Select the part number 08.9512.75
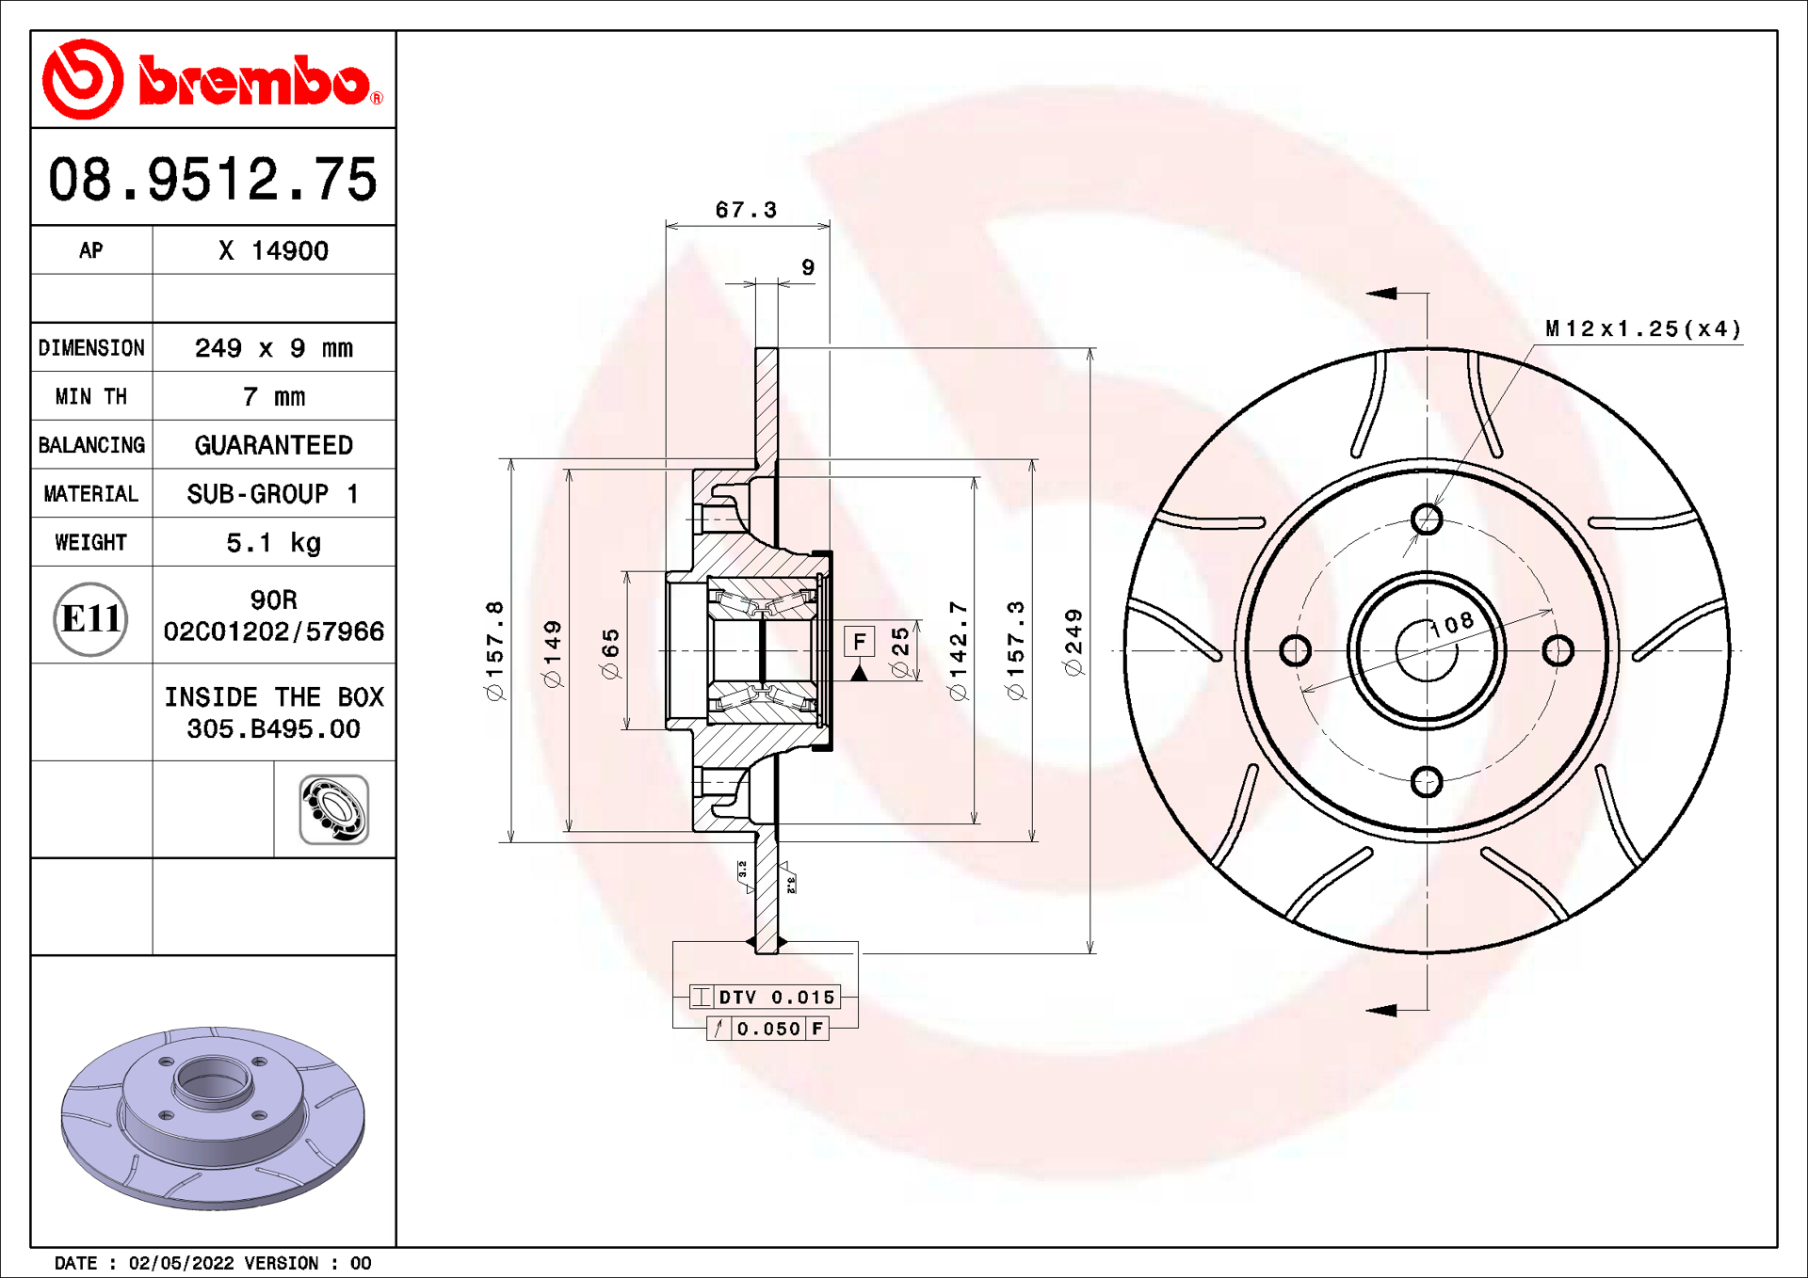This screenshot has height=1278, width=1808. pos(213,179)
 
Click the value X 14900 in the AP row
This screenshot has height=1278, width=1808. pos(273,251)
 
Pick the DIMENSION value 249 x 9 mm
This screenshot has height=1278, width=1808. pos(273,348)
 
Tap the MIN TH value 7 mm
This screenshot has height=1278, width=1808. pos(273,397)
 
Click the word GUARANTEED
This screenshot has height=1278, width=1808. pos(273,445)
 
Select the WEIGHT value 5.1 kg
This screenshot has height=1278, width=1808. pos(273,543)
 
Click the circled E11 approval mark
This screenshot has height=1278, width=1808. pos(90,618)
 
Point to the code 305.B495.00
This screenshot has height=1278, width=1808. pos(273,729)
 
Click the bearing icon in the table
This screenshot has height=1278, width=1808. pos(333,809)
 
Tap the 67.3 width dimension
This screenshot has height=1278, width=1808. pos(746,210)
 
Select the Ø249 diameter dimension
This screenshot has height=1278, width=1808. pos(1073,642)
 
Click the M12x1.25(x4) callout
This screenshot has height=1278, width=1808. pos(1642,329)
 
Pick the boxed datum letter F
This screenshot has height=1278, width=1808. pos(859,642)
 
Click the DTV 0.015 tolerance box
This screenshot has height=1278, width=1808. pos(765,997)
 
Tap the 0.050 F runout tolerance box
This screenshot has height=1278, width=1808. pos(767,1029)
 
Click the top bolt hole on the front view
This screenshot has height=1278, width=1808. pos(1427,519)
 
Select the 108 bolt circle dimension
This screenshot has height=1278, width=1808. pos(1452,624)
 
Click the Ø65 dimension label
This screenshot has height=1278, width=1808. pos(610,653)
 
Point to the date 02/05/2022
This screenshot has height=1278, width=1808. pos(181,1263)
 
